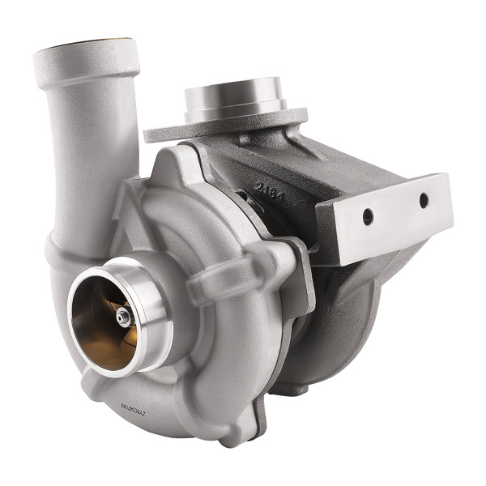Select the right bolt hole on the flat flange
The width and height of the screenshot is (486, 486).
423,199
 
